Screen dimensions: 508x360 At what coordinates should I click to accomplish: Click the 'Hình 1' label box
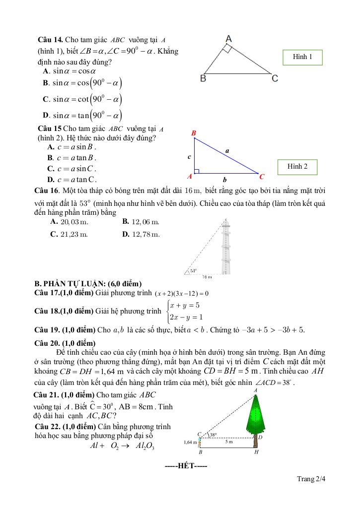[302, 58]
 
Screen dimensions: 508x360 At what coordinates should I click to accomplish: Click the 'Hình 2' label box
[297, 167]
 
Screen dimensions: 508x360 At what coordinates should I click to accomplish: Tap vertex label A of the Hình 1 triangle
[229, 38]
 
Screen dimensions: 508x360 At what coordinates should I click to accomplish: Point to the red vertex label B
[194, 133]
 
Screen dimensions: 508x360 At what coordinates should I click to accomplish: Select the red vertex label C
[262, 177]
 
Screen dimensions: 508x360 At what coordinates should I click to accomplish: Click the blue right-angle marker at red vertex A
[197, 171]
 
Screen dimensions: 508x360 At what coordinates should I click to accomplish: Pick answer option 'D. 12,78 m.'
[141, 234]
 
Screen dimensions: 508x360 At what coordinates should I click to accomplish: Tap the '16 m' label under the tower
[207, 277]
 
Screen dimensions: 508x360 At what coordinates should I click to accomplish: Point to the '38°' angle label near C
[214, 435]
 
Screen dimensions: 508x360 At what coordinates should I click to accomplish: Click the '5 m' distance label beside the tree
[228, 442]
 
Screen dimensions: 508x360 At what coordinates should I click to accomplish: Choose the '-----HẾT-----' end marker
[186, 466]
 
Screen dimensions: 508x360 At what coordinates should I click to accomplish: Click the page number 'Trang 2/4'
[311, 479]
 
